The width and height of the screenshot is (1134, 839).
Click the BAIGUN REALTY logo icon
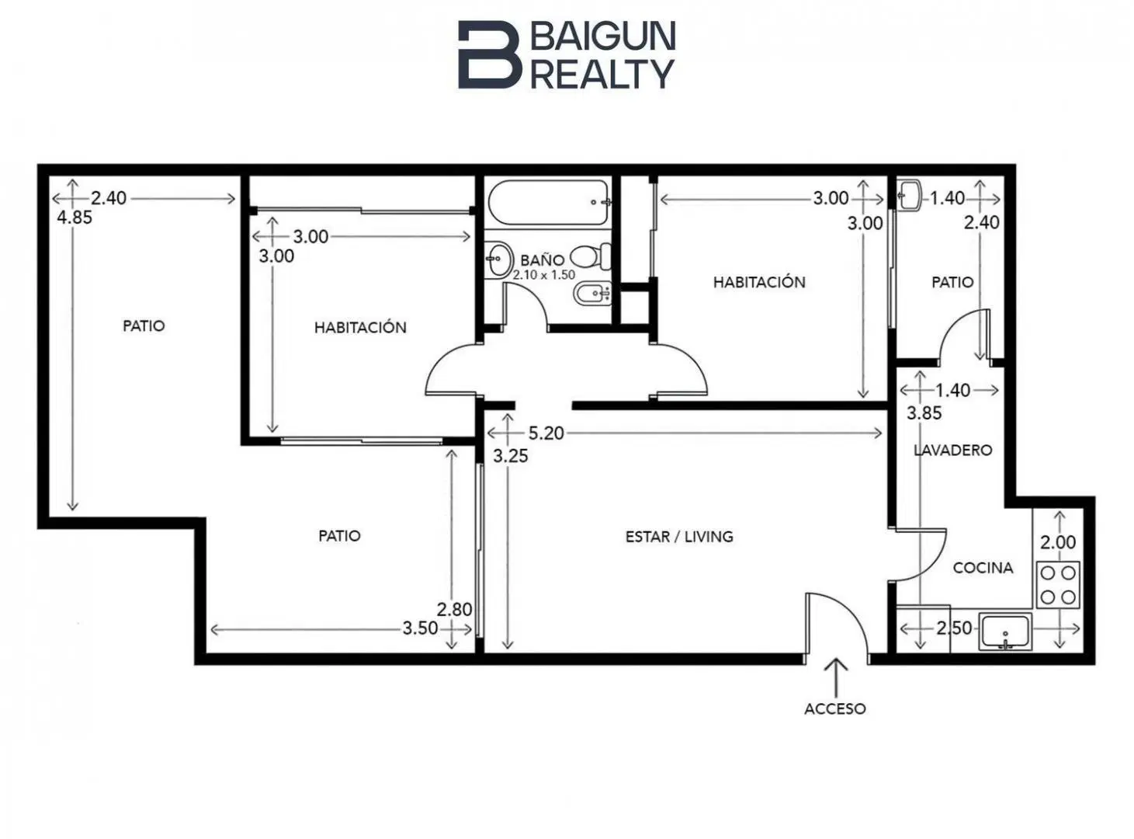tap(489, 54)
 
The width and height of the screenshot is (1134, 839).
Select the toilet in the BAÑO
tap(591, 256)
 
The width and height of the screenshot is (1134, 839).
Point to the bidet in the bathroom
tap(592, 294)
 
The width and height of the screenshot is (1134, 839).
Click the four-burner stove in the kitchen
tap(1057, 585)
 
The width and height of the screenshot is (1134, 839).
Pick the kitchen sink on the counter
tap(1004, 632)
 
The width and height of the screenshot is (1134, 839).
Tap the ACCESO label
tap(835, 709)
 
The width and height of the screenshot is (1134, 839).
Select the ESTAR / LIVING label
tap(679, 537)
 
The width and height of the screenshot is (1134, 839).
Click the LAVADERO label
tap(952, 450)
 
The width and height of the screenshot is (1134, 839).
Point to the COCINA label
tap(983, 568)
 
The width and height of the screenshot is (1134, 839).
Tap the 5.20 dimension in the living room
tap(546, 433)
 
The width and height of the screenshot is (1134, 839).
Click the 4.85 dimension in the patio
tap(75, 218)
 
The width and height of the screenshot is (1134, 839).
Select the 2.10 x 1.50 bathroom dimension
tap(544, 275)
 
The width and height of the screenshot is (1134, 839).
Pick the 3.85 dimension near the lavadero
tap(924, 413)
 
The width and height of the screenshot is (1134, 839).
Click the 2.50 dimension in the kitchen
tap(953, 628)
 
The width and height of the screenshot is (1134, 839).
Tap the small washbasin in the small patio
tap(910, 194)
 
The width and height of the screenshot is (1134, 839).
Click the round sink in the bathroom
tap(498, 259)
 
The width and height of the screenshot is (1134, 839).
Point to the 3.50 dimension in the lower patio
tap(420, 628)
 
